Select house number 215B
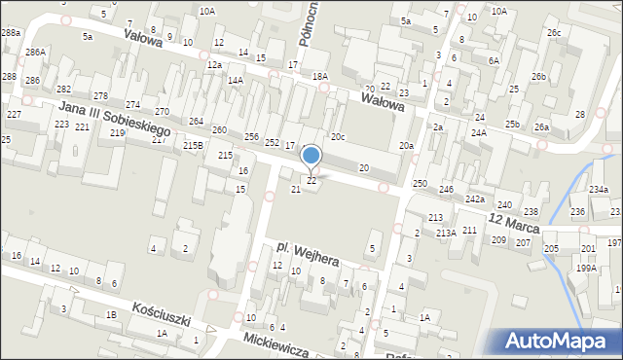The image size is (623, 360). [x=194, y=145]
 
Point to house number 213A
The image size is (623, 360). [x=446, y=233]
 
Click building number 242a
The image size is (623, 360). [x=474, y=198]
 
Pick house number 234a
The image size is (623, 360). [x=598, y=190]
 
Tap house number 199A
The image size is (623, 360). [x=586, y=268]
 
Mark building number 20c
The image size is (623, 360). [x=338, y=137]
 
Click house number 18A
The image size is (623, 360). [x=319, y=76]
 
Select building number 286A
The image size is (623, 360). [x=36, y=52]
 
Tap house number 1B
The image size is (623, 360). [x=112, y=315]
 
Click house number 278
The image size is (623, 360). [x=100, y=96]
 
